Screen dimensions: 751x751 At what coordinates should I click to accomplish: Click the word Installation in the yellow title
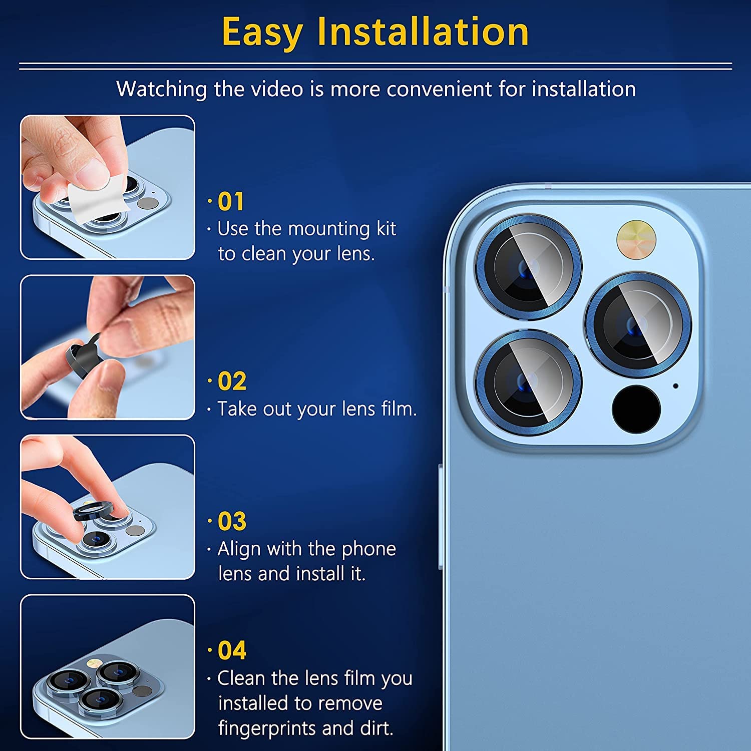[423, 32]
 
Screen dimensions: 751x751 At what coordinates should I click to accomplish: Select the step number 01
[231, 202]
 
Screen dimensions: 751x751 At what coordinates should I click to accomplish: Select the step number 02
[232, 382]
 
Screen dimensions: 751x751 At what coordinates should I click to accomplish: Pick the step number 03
[232, 521]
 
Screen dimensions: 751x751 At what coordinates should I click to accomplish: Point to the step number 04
[232, 650]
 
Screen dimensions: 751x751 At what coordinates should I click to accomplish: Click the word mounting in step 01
[329, 229]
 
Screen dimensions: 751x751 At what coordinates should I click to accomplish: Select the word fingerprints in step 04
[267, 728]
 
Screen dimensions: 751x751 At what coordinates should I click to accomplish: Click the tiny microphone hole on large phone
[675, 386]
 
